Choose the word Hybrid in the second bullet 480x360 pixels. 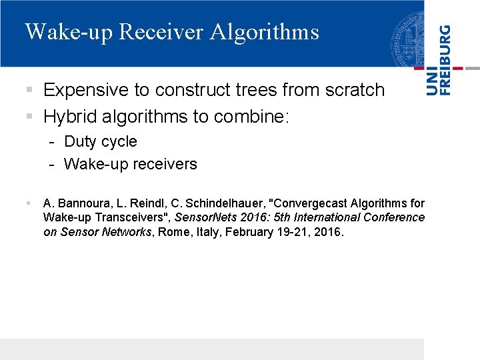click(69, 117)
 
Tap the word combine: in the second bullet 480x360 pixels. click(251, 117)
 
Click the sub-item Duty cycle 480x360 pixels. click(100, 141)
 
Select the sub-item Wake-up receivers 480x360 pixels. click(130, 164)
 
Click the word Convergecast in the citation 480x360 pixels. click(309, 203)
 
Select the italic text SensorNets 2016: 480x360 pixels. click(217, 217)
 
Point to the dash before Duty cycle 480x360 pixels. click(51, 142)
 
